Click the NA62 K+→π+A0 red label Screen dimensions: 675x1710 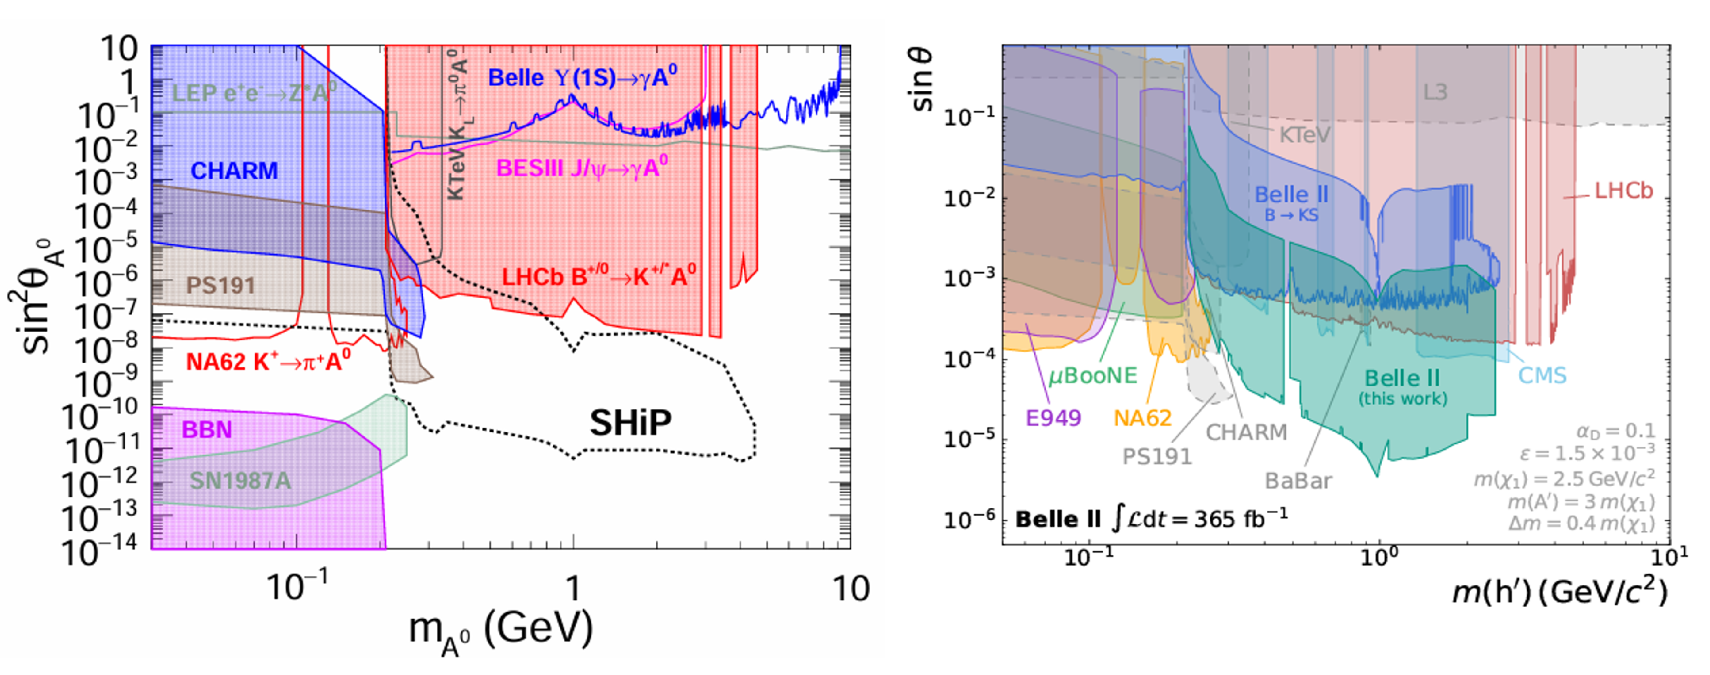pyautogui.click(x=268, y=362)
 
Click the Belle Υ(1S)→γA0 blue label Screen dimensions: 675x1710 pyautogui.click(x=582, y=78)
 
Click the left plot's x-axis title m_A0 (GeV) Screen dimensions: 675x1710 pyautogui.click(x=501, y=630)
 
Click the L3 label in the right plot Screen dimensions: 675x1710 pyautogui.click(x=1435, y=92)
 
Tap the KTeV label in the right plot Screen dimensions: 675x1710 pyautogui.click(x=1305, y=135)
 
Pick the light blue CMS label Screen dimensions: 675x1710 pyautogui.click(x=1542, y=376)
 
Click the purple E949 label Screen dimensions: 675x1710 pyautogui.click(x=1054, y=418)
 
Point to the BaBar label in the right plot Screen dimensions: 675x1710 pyautogui.click(x=1298, y=481)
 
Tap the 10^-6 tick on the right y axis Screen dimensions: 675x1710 pyautogui.click(x=971, y=518)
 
